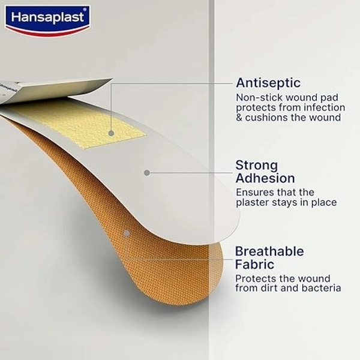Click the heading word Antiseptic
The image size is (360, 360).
pos(268,83)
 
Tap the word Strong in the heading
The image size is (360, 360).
pos(256,165)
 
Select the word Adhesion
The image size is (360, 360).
pos(265,178)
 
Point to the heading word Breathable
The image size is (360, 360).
pos(269,251)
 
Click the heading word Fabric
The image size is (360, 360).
pos(254,264)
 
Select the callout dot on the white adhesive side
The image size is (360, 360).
pos(146,172)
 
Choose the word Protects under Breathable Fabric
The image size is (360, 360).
pos(254,278)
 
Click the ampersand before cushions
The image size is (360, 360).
pos(239,118)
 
